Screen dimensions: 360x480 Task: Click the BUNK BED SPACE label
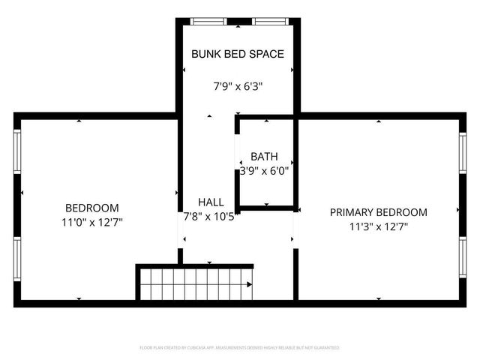tap(237, 55)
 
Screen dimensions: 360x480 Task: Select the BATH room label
tap(264, 157)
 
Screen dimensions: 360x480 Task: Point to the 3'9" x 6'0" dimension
tap(264, 171)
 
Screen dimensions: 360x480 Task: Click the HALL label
tap(211, 202)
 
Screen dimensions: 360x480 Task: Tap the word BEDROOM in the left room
tap(92, 208)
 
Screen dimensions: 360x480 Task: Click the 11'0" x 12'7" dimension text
tap(92, 222)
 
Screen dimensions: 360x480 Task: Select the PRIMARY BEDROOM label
tap(379, 212)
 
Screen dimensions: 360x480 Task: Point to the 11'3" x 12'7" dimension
tap(379, 226)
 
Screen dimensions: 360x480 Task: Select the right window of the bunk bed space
tap(267, 21)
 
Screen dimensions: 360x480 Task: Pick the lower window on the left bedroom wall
tap(17, 259)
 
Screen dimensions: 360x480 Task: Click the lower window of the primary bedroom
tap(463, 259)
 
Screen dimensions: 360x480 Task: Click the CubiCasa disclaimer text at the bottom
tap(240, 348)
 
